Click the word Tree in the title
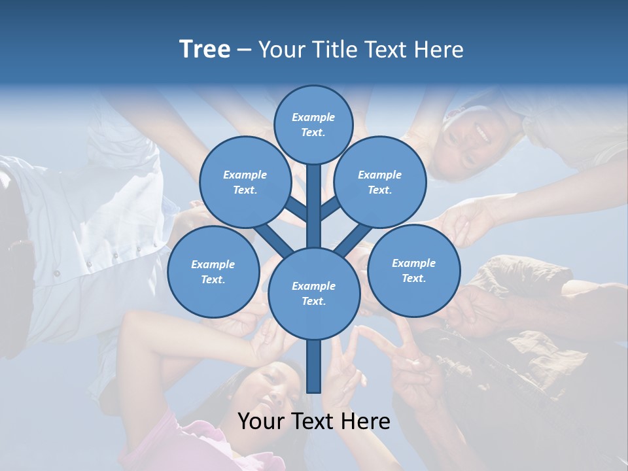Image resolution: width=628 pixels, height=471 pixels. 205,50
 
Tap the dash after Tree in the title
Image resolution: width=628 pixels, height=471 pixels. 244,50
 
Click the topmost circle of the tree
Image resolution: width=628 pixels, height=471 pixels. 313,124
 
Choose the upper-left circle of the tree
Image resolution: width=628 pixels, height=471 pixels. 245,182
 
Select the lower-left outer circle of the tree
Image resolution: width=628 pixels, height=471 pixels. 213,271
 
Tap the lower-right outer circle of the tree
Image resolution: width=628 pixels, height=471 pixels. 413,270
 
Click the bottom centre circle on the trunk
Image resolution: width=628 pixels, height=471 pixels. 313,293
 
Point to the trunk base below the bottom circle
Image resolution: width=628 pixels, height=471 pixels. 314,366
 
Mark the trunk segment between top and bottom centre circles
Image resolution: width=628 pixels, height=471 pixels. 314,206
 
